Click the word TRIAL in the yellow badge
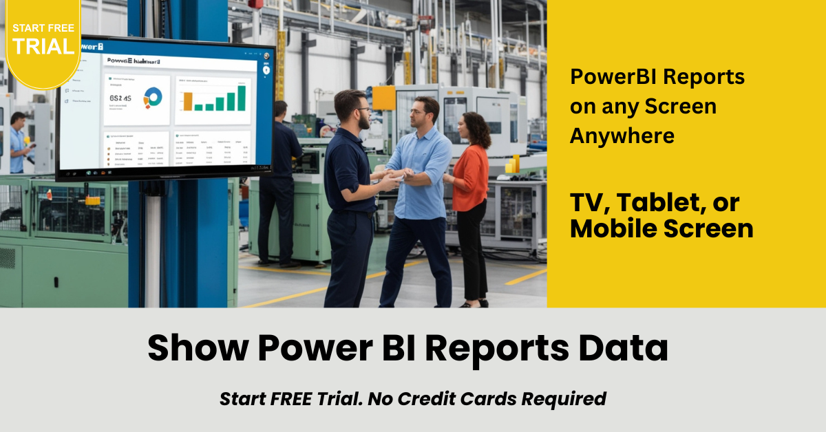(x=43, y=47)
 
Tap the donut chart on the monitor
(x=153, y=97)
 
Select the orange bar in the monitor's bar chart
(x=187, y=101)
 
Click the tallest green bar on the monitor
(x=242, y=98)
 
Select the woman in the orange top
(x=471, y=179)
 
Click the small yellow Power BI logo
(x=512, y=164)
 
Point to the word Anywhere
(x=622, y=136)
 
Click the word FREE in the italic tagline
(x=297, y=398)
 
